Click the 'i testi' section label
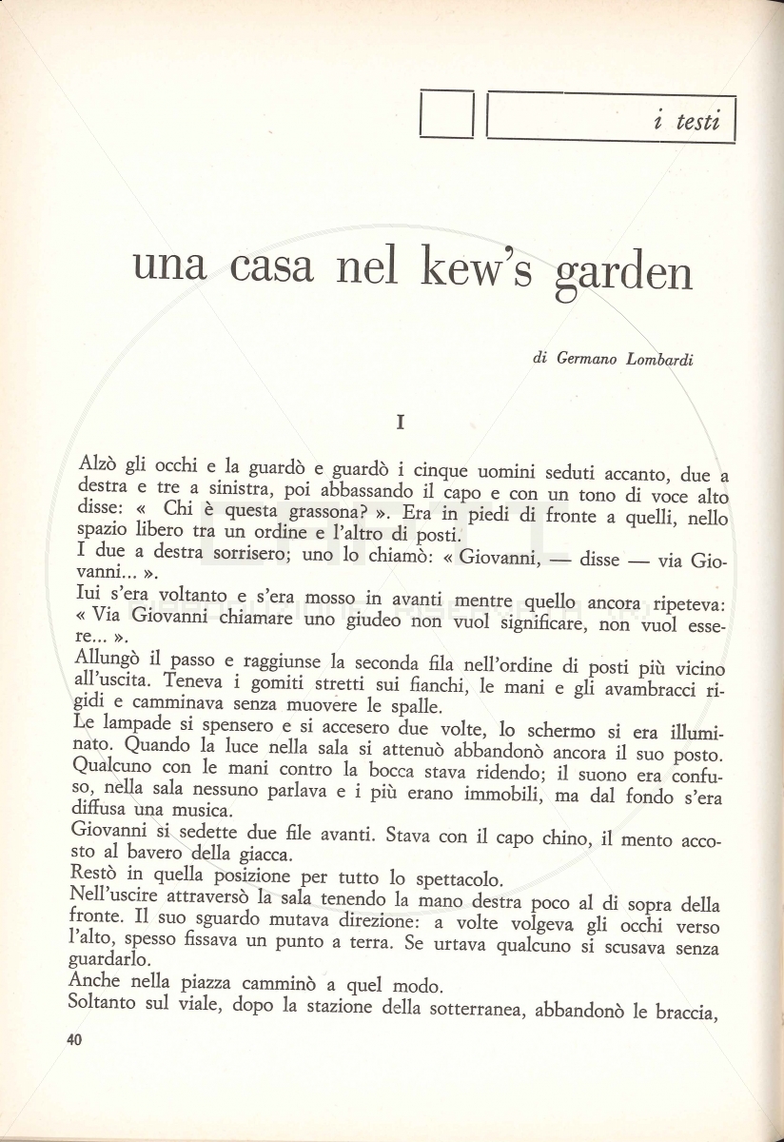[x=687, y=121]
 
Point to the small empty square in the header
[x=446, y=116]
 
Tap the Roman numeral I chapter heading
[x=402, y=419]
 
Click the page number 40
[x=76, y=1038]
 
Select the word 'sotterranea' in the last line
[x=468, y=1005]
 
